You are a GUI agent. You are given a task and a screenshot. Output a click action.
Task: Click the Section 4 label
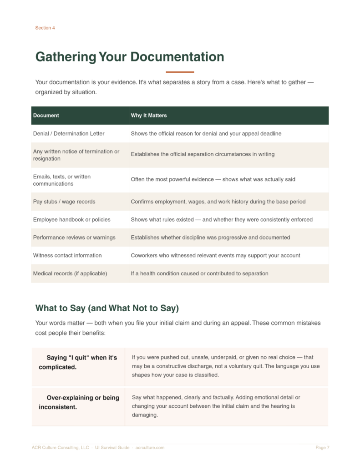(45, 28)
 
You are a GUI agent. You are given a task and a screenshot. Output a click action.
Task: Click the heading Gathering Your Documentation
(130, 57)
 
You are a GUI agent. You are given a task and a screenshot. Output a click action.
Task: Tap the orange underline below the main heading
(180, 72)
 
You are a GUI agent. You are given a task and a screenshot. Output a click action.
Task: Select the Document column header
(46, 116)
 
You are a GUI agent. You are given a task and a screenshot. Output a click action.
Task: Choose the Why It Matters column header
(149, 116)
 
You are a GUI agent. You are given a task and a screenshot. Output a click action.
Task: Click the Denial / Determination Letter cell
(69, 134)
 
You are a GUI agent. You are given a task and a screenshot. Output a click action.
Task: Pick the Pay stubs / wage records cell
(64, 202)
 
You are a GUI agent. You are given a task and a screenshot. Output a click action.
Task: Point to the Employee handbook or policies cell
(71, 219)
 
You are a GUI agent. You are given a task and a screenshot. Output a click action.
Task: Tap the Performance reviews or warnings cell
(74, 238)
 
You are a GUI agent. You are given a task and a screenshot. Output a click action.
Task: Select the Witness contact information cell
(67, 255)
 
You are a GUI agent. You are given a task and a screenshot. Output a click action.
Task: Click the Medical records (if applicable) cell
(70, 274)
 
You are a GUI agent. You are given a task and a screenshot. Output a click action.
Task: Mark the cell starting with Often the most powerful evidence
(213, 179)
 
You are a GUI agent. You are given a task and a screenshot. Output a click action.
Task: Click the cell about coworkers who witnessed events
(215, 255)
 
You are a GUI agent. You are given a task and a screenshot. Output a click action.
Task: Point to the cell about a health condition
(199, 274)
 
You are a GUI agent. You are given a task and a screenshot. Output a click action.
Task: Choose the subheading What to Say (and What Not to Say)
(107, 308)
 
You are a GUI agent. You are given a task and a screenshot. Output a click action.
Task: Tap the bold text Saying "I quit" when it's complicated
(78, 362)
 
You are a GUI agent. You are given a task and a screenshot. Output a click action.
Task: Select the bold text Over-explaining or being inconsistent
(79, 402)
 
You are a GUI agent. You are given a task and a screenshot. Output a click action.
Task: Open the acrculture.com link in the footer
(150, 448)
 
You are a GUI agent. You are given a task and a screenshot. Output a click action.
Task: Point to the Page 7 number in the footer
(322, 448)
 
